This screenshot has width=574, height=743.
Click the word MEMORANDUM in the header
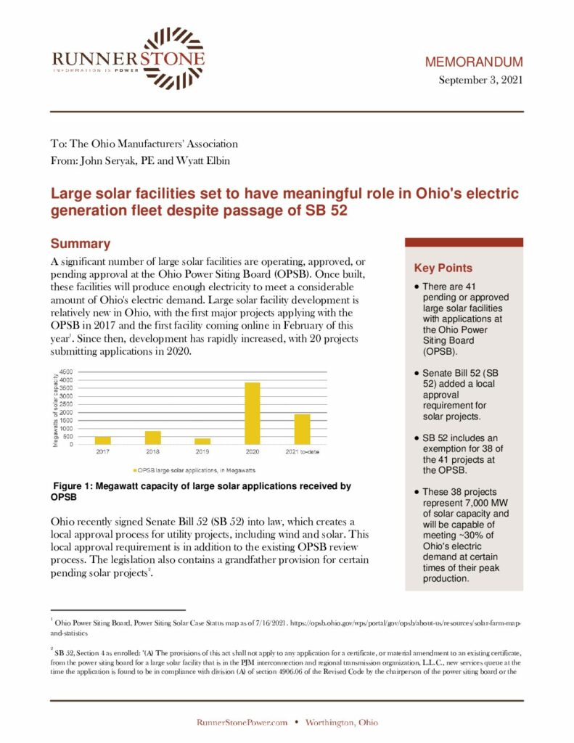coord(473,62)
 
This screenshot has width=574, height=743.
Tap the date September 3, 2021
coord(480,80)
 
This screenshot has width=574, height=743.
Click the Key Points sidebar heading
coord(443,268)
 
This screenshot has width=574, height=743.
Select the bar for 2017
coord(103,440)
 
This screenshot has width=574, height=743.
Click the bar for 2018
coord(152,437)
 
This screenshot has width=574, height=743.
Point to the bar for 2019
coord(202,440)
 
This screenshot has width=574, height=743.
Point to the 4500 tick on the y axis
coord(66,372)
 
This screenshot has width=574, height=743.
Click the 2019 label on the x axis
coord(202,452)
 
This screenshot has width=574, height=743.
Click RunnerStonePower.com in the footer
coord(242,722)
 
